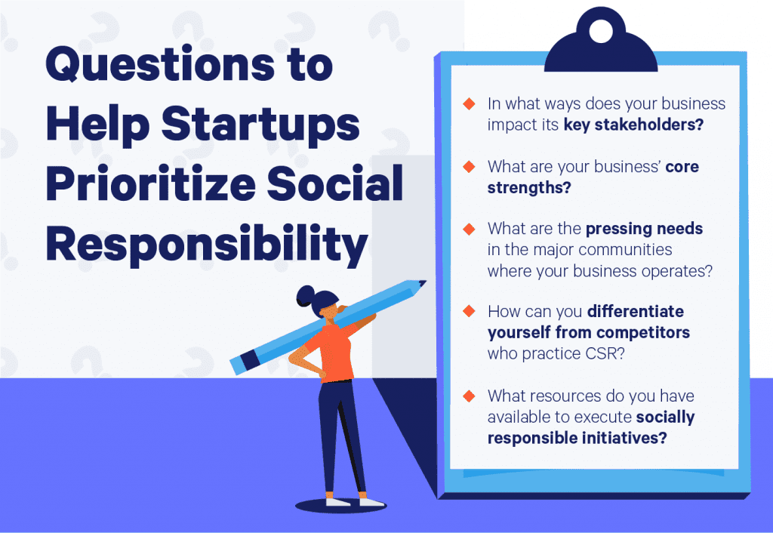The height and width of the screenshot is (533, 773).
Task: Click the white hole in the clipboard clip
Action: (x=602, y=31)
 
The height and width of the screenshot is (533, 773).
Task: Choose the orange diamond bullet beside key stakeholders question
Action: (x=469, y=104)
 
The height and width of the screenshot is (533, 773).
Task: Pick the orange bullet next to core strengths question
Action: (x=469, y=167)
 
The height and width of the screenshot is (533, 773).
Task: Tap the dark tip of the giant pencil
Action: (x=421, y=284)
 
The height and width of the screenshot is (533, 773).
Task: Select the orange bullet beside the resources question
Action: (x=469, y=396)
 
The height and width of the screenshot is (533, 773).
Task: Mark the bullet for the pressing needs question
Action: (x=469, y=229)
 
